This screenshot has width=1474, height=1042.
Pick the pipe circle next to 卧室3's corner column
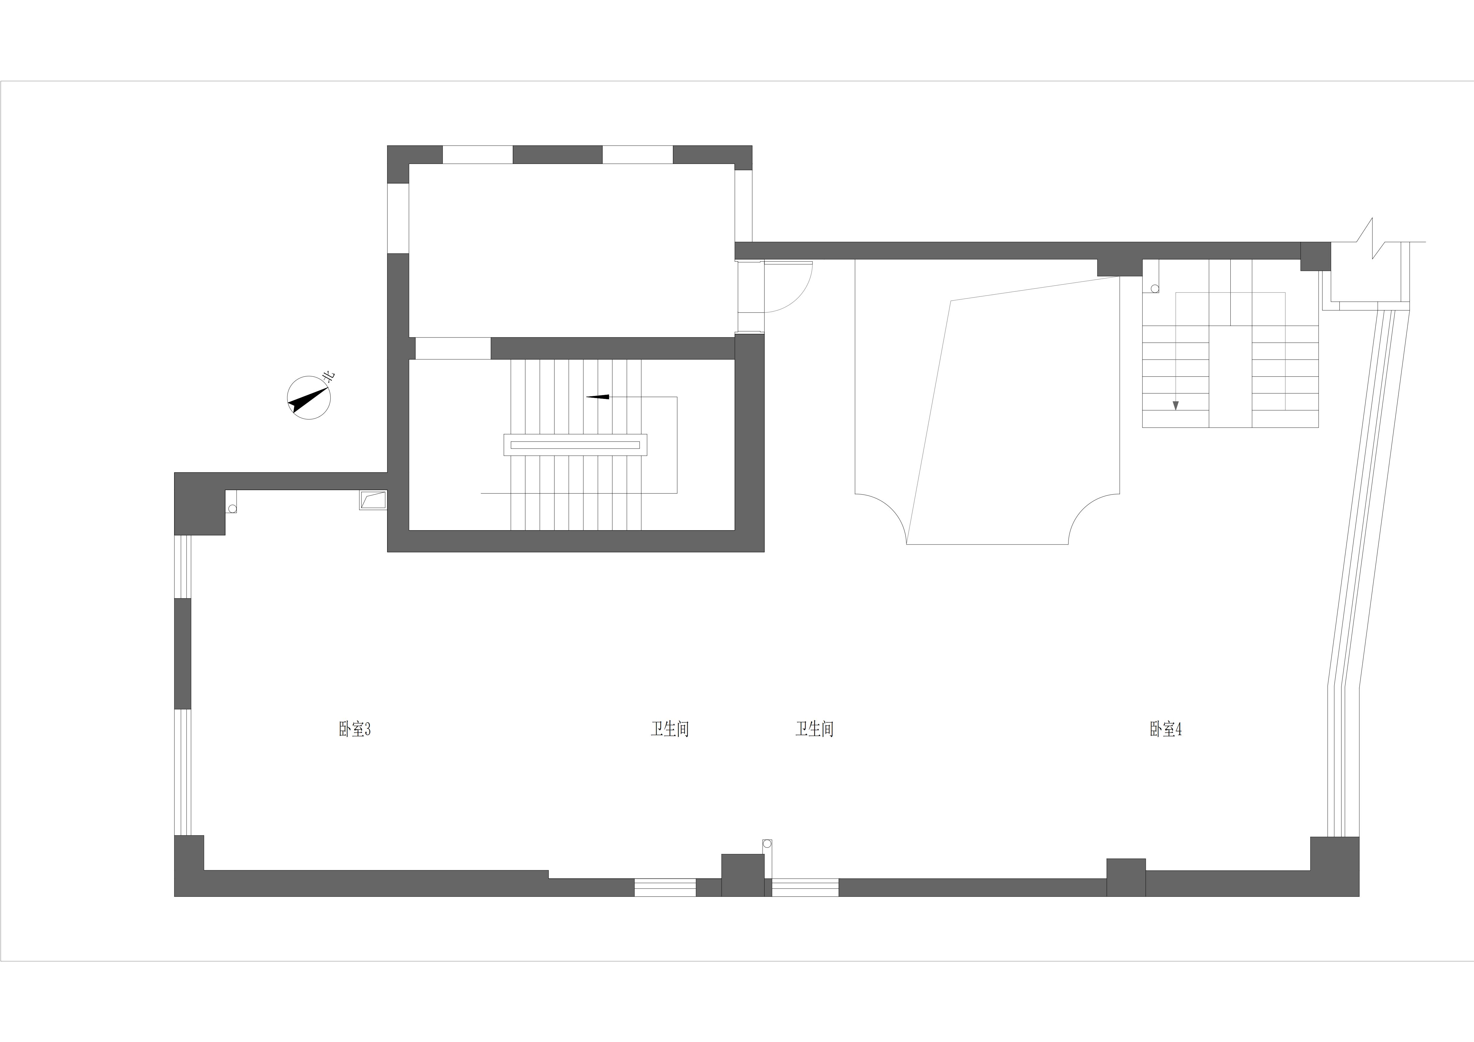coord(232,509)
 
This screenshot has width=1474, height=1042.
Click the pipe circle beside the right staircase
coord(1155,289)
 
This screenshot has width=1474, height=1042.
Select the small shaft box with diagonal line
coord(373,500)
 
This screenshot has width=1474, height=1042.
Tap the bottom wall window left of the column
coord(665,887)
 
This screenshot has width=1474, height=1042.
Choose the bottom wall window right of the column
coord(805,887)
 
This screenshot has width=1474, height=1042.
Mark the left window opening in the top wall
coord(478,155)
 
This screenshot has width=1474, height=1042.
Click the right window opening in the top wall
coord(637,155)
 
